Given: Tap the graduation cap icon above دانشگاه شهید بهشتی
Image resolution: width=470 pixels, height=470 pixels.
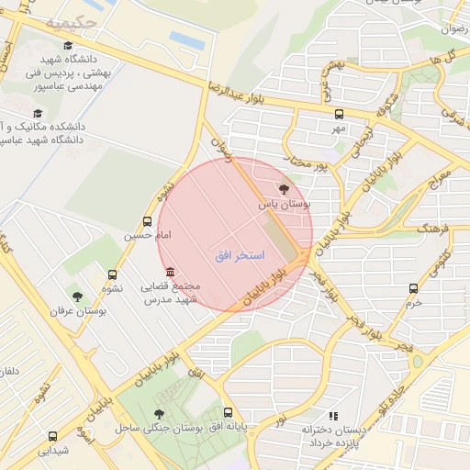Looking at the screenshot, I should pyautogui.click(x=66, y=45).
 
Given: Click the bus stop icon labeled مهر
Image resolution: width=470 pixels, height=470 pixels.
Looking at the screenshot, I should pyautogui.click(x=340, y=115).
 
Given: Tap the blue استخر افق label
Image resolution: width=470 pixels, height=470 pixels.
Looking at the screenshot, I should pyautogui.click(x=240, y=255).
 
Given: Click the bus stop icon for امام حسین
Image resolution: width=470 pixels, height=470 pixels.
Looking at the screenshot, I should pyautogui.click(x=148, y=221).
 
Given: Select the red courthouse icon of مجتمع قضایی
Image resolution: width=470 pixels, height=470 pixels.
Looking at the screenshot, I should pyautogui.click(x=169, y=272).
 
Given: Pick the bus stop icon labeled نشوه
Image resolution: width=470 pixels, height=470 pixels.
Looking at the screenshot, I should pyautogui.click(x=113, y=274).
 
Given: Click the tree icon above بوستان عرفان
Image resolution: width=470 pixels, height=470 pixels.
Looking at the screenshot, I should pyautogui.click(x=77, y=297).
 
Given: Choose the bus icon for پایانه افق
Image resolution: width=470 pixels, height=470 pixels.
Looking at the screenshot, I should pyautogui.click(x=229, y=413).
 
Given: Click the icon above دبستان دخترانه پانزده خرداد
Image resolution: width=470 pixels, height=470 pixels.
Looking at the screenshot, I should pyautogui.click(x=332, y=416).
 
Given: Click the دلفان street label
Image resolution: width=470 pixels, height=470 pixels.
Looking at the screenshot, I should pyautogui.click(x=12, y=372).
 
